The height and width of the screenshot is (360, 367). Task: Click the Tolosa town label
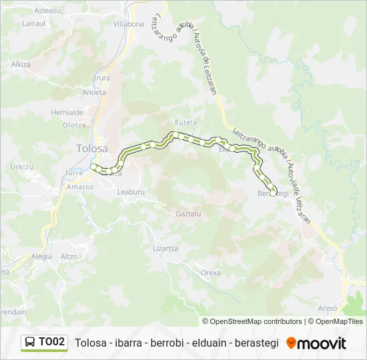point(92,149)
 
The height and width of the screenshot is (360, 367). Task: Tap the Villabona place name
point(129,24)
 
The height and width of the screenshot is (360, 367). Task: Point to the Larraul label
point(33,23)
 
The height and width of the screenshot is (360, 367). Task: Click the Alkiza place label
point(21,65)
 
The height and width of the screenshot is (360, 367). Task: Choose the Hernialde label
point(67,113)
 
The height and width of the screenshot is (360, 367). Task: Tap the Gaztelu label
point(188,214)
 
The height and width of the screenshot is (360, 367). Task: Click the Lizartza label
point(165,248)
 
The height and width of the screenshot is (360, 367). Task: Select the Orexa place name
point(210,273)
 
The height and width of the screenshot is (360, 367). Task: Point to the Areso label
point(328,308)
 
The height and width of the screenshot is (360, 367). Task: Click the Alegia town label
point(41,256)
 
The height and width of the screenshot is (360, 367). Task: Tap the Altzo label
point(69,256)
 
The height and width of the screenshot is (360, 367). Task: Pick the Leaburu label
point(131,191)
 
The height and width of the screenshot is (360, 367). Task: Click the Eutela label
point(186,123)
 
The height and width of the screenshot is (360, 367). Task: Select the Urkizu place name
point(22,166)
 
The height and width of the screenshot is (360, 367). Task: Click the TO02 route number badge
point(52,342)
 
